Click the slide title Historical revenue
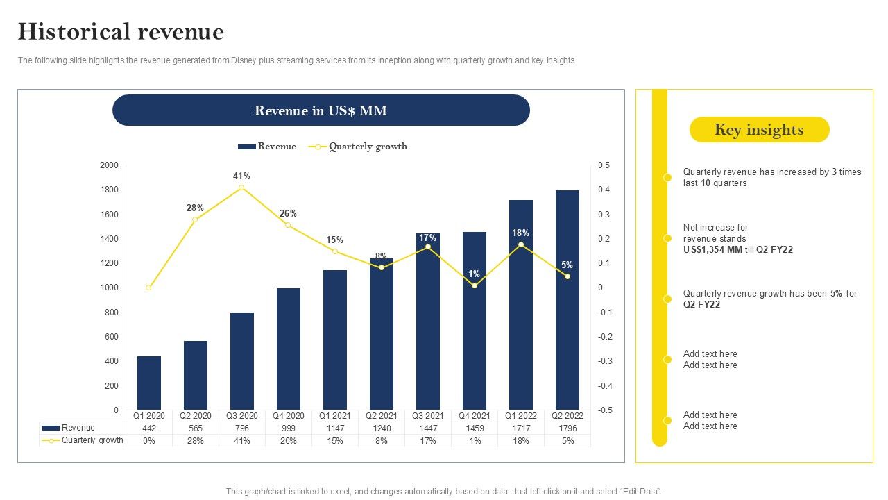121,32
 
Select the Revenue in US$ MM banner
321,110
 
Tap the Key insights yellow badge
759,130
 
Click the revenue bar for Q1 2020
149,383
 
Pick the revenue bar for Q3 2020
242,361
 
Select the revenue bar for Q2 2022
567,300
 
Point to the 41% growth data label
241,176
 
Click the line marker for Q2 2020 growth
195,219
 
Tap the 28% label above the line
195,208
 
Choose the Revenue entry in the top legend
268,147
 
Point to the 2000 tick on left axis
110,165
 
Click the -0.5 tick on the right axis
604,410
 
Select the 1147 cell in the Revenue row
335,428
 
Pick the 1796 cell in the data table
567,428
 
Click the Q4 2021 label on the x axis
475,416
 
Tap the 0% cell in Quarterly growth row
149,441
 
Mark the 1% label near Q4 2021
475,274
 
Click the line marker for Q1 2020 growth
148,287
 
